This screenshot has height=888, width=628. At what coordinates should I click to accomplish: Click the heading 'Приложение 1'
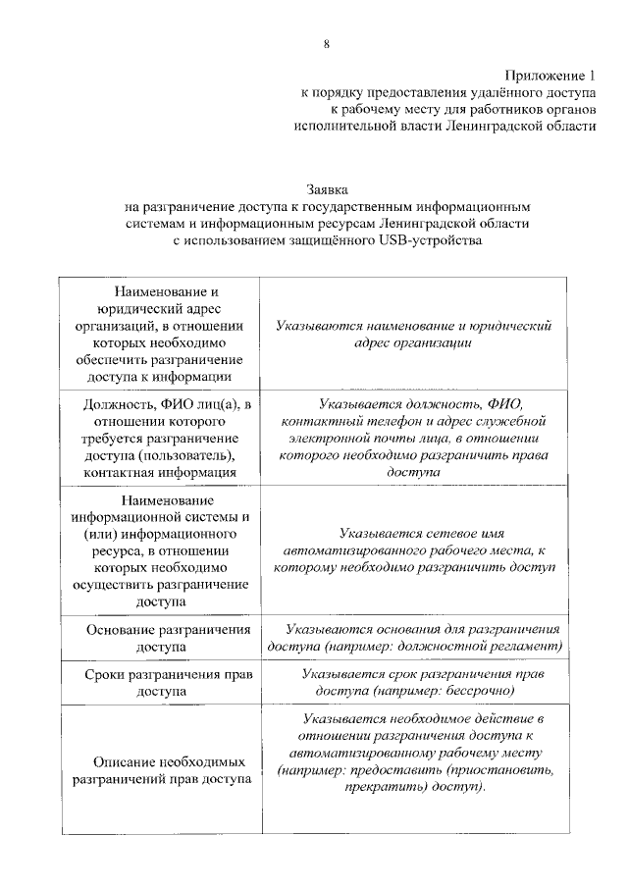click(x=550, y=76)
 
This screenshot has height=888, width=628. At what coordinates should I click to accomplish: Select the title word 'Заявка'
click(x=328, y=189)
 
